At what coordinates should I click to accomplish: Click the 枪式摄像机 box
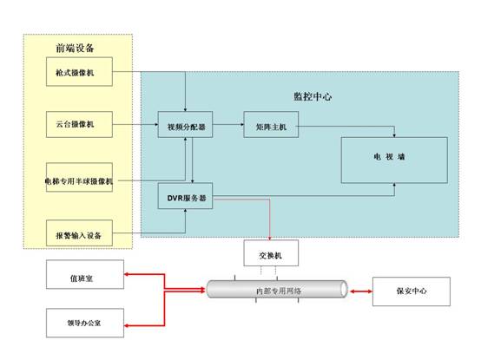(x=79, y=71)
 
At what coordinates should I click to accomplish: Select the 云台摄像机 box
(x=79, y=124)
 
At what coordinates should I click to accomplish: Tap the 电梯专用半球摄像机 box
(x=79, y=177)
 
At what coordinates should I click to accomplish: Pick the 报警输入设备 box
(x=79, y=232)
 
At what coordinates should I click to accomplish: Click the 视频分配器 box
(x=185, y=124)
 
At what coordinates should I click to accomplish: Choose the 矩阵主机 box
(x=271, y=124)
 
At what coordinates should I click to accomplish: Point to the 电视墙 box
(x=394, y=160)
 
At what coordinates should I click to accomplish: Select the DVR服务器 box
(x=185, y=196)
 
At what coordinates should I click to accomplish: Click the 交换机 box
(x=271, y=252)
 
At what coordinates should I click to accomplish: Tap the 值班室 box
(x=85, y=274)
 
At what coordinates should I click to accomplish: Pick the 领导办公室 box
(x=85, y=323)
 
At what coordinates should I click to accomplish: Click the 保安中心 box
(x=412, y=291)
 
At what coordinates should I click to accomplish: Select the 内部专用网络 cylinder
(x=277, y=289)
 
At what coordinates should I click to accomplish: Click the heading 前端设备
(x=75, y=48)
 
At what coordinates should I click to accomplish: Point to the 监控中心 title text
(x=313, y=96)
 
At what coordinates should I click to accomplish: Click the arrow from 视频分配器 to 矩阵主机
(x=228, y=124)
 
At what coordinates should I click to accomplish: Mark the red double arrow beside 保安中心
(x=361, y=291)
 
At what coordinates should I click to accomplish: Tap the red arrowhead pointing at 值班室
(x=127, y=274)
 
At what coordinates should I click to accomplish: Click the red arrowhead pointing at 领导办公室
(x=127, y=325)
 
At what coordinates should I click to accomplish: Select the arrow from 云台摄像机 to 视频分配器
(x=135, y=124)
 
